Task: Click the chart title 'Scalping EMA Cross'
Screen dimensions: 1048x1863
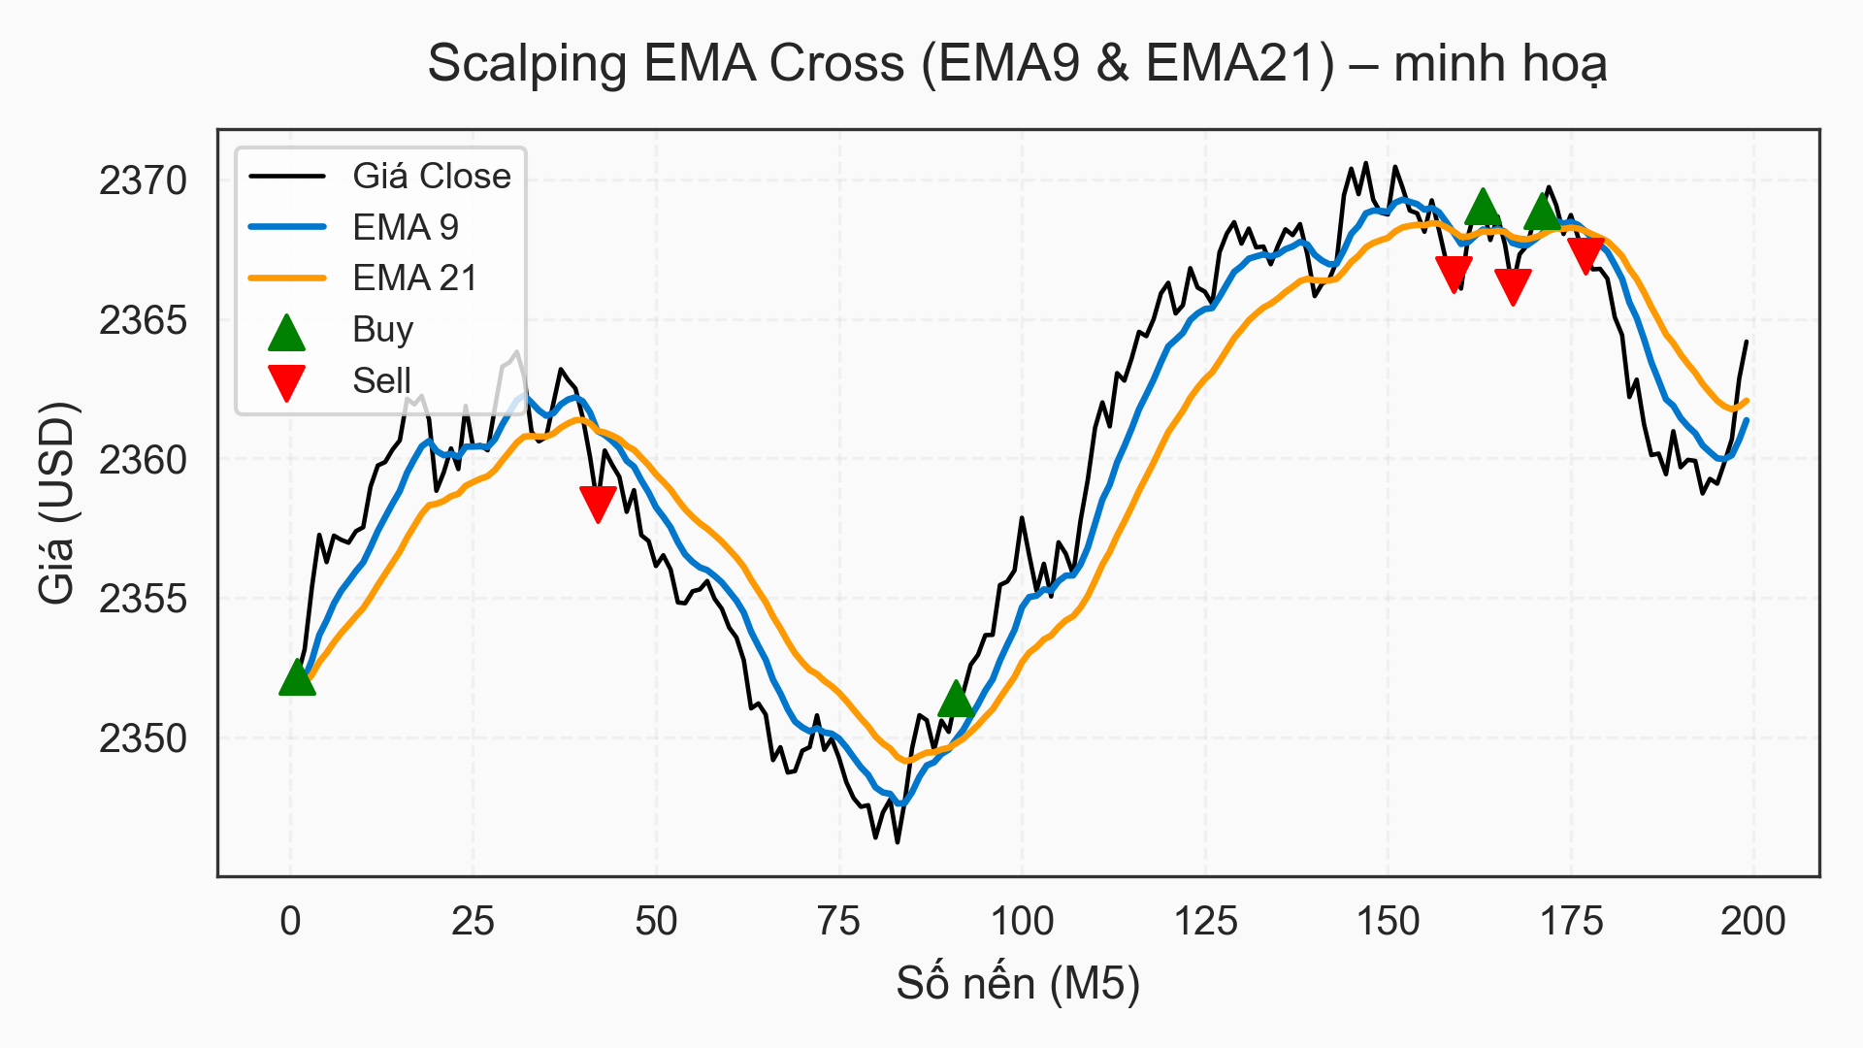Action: click(x=1017, y=64)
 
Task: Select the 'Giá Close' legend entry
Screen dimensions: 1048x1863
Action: click(x=431, y=176)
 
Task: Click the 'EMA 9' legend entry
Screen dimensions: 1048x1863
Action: click(x=405, y=227)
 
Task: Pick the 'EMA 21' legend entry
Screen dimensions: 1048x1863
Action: click(x=414, y=278)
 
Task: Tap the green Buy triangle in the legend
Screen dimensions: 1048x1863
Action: click(x=286, y=332)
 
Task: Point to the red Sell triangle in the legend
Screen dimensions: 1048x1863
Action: click(x=286, y=381)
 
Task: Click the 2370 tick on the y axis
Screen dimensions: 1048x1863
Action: click(x=143, y=180)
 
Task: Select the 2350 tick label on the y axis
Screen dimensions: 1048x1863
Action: click(x=143, y=738)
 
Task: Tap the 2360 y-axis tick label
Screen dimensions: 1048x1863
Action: click(x=143, y=460)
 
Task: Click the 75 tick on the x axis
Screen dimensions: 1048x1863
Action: click(x=838, y=921)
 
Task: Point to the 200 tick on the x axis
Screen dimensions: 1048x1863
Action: click(x=1752, y=921)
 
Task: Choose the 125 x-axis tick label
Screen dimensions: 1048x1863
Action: click(x=1205, y=921)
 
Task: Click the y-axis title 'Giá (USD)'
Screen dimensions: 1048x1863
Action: click(x=56, y=502)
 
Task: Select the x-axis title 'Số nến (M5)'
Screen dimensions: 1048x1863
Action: click(x=1017, y=984)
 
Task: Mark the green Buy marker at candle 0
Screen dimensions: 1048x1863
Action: click(x=297, y=678)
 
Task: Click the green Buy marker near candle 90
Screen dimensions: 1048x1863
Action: click(x=956, y=699)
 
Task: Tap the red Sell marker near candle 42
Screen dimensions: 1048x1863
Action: click(x=598, y=503)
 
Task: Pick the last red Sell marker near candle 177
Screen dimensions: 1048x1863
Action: click(x=1586, y=254)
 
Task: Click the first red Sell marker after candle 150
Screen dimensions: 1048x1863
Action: click(x=1454, y=274)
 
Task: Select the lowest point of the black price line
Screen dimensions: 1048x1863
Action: click(x=898, y=842)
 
